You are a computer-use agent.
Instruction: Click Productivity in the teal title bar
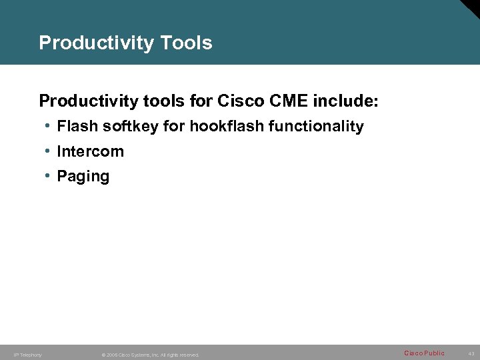tap(97, 43)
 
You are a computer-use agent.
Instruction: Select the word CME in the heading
tap(286, 101)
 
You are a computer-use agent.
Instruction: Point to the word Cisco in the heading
tap(240, 101)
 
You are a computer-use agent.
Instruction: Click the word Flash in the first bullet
tap(77, 126)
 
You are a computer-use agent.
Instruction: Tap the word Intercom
tap(90, 151)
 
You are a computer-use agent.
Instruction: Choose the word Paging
tap(83, 177)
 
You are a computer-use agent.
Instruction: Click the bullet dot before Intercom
tap(49, 151)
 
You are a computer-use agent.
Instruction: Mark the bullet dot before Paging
tap(49, 176)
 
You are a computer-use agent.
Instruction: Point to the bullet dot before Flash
tap(49, 126)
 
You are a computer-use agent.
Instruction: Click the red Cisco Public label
tap(424, 353)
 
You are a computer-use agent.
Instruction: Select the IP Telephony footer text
tap(27, 355)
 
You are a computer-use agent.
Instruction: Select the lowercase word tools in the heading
tap(165, 101)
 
